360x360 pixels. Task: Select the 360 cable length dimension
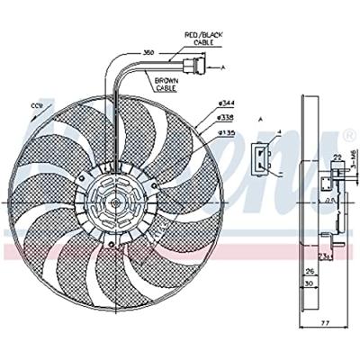click(149, 53)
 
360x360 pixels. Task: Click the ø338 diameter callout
click(226, 118)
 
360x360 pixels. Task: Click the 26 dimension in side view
click(309, 270)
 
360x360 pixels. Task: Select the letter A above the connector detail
click(260, 119)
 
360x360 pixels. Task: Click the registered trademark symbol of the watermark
click(349, 135)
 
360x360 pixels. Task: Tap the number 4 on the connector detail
click(280, 133)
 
